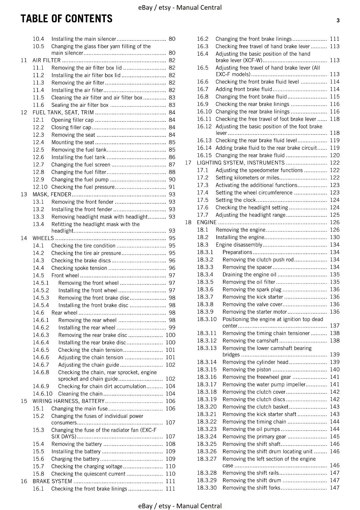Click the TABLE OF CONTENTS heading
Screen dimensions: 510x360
[x=66, y=19]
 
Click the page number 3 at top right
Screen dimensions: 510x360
[x=338, y=21]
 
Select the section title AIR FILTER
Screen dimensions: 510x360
[x=47, y=60]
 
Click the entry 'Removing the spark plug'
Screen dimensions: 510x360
[x=252, y=289]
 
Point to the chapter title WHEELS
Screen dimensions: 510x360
[x=43, y=238]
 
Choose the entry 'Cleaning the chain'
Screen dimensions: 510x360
[x=80, y=394]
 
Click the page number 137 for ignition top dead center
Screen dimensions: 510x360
[x=335, y=326]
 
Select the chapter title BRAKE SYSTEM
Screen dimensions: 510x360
[x=52, y=481]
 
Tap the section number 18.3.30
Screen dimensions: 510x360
[x=206, y=488]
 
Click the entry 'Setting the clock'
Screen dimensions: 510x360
[x=235, y=200]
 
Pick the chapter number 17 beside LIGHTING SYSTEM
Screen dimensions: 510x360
[x=188, y=163]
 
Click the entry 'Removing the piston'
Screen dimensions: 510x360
[x=247, y=369]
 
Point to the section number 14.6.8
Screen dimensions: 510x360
[x=41, y=372]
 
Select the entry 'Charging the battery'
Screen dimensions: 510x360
[x=75, y=459]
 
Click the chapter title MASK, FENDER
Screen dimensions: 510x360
[x=52, y=194]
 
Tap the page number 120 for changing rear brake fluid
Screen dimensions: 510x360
[x=335, y=155]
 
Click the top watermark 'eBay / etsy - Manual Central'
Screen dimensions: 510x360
[x=180, y=7]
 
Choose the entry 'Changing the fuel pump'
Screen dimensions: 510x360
[x=80, y=179]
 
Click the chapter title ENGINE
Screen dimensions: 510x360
[x=206, y=222]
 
